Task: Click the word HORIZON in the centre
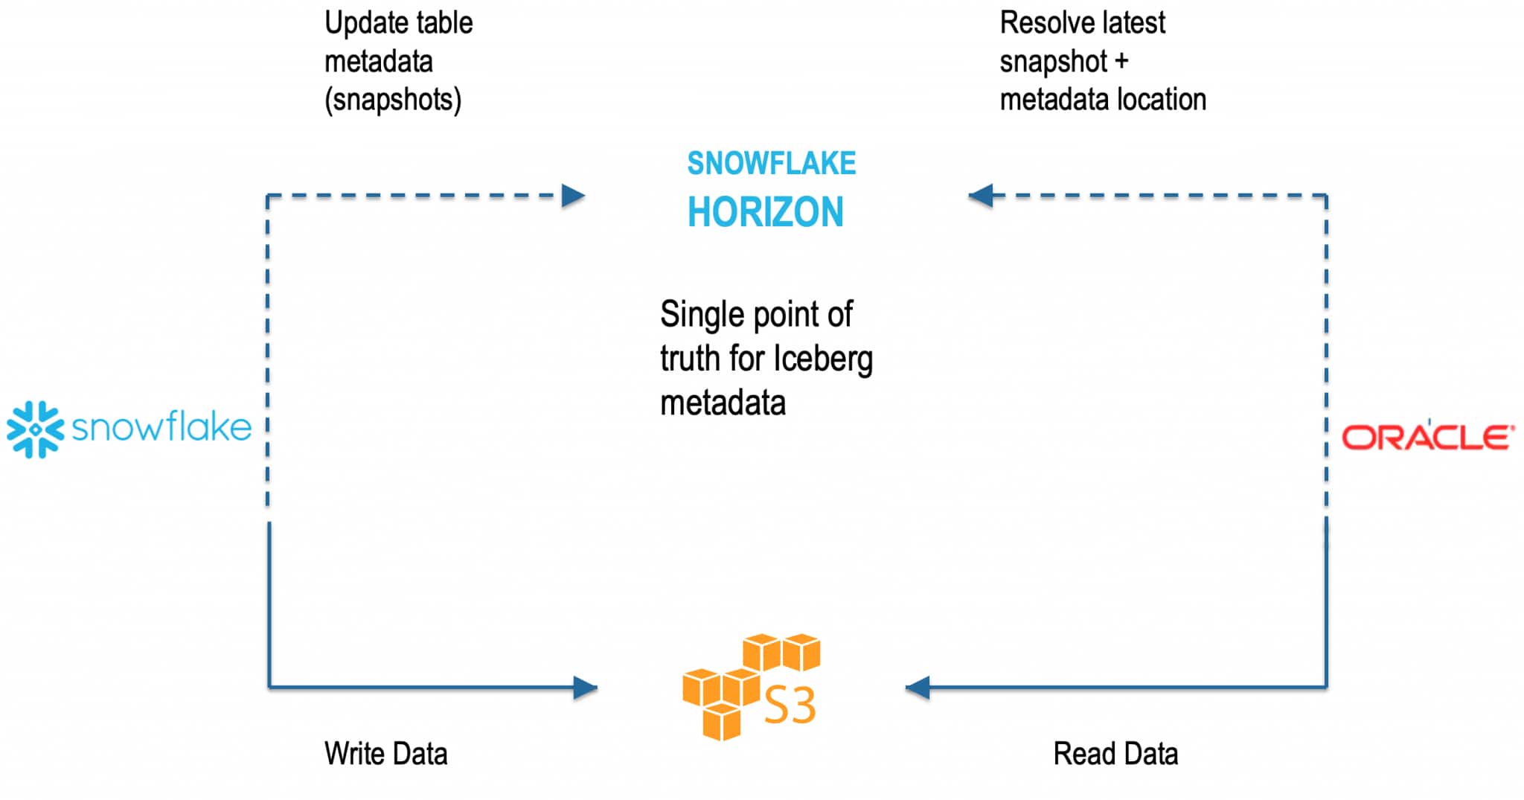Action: click(765, 212)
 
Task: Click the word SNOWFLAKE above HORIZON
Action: click(771, 164)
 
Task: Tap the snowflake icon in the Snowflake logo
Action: click(35, 429)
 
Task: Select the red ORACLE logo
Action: click(1427, 437)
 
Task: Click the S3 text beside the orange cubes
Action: click(790, 705)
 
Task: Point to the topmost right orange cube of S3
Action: click(802, 652)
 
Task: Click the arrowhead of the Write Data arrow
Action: click(586, 688)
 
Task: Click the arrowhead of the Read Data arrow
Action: click(918, 688)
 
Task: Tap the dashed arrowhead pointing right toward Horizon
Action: click(573, 196)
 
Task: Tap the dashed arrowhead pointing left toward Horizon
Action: click(981, 196)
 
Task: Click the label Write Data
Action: click(385, 754)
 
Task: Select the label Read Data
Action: click(1115, 754)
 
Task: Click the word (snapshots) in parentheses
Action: click(393, 100)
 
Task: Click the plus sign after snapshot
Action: click(1121, 61)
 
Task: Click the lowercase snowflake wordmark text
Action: click(161, 428)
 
